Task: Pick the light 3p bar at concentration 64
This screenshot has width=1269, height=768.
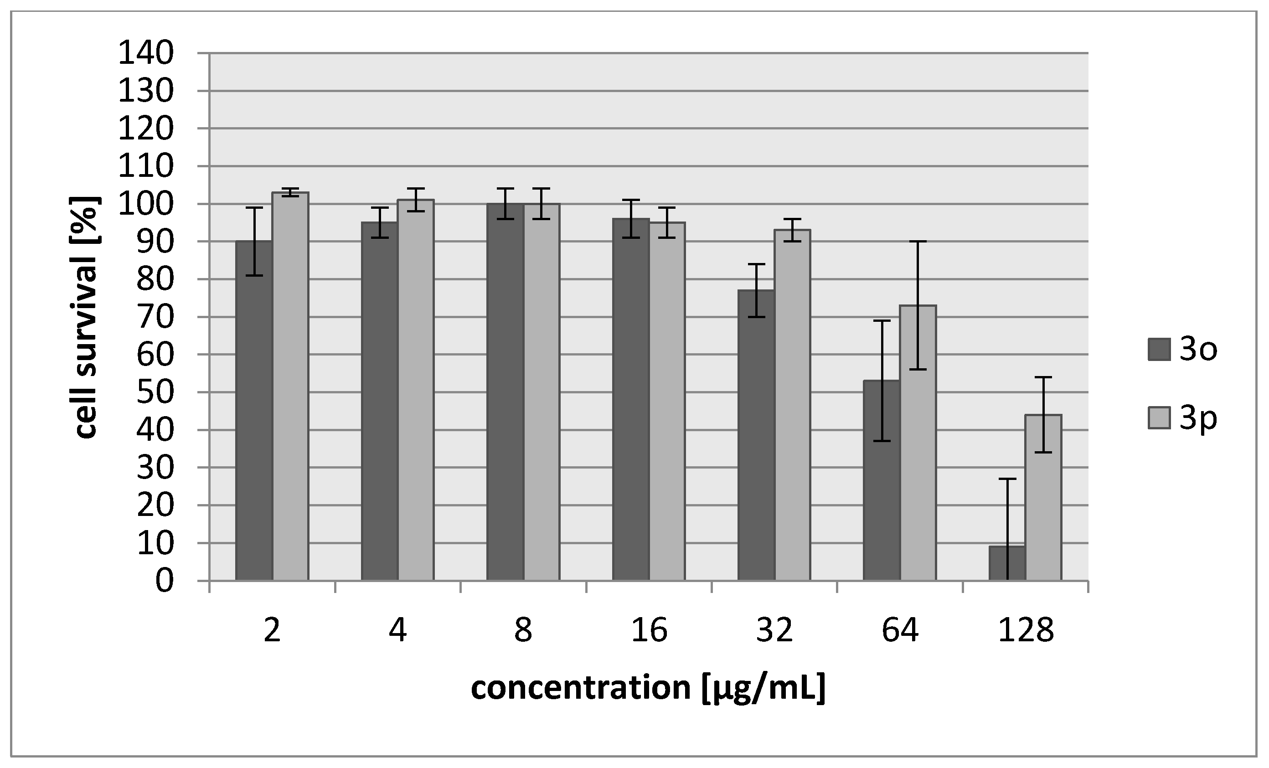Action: click(918, 443)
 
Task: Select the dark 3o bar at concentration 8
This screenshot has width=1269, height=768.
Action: click(505, 392)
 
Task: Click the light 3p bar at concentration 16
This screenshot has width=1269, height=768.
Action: click(667, 401)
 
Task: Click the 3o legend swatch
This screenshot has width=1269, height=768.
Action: click(1159, 350)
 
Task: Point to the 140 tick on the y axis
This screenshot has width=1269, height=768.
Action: click(146, 53)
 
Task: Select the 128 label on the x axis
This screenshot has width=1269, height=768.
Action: click(1026, 630)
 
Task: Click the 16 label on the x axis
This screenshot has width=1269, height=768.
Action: click(649, 630)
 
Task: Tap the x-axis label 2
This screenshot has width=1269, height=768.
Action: click(272, 630)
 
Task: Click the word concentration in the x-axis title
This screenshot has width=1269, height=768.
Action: click(580, 687)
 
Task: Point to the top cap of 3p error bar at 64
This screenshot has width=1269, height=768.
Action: click(918, 241)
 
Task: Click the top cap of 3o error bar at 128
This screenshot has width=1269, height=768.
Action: click(1007, 479)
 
